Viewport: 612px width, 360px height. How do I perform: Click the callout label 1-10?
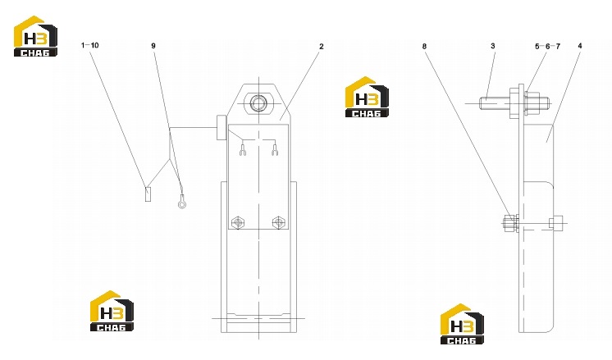89,45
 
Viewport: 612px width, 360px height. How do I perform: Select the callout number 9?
153,46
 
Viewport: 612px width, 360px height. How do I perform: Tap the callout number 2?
322,47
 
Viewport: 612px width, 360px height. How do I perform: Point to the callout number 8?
425,47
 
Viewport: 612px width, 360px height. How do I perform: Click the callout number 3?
493,46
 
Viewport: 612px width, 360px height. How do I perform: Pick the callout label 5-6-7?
547,47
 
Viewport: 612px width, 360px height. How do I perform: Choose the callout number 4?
580,46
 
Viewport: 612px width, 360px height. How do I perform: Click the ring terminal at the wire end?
181,203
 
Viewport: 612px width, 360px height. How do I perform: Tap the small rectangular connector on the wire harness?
148,194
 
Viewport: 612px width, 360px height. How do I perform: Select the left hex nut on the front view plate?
237,223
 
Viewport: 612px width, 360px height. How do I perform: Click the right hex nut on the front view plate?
278,222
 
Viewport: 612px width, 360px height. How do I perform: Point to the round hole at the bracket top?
258,104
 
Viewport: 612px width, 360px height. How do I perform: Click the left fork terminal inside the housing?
243,150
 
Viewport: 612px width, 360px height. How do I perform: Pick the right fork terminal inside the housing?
275,150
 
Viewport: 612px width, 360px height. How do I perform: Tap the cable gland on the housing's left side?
222,128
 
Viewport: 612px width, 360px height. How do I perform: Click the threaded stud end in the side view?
495,103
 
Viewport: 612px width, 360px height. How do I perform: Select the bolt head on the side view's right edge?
556,223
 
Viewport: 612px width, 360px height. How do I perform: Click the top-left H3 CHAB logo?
35,36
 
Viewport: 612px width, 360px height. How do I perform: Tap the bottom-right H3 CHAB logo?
462,324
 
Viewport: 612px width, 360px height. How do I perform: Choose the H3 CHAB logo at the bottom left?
112,312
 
